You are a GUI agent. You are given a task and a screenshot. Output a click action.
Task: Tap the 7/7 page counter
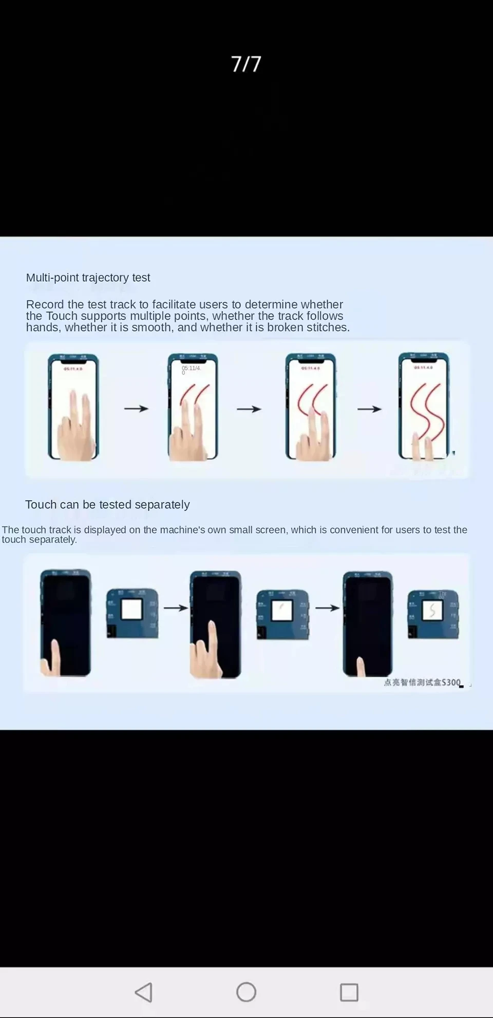click(246, 64)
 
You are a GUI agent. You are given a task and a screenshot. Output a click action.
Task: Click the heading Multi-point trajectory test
click(88, 278)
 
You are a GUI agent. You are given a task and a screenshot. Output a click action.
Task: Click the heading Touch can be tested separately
click(107, 504)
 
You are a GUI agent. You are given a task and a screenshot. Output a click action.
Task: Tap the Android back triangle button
click(144, 992)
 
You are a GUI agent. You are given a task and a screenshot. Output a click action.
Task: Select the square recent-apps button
click(349, 992)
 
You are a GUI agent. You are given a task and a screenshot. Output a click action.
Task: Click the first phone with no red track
click(73, 406)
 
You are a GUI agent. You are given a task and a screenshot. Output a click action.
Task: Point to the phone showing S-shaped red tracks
click(424, 406)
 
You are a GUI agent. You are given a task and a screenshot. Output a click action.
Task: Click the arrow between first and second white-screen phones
click(136, 408)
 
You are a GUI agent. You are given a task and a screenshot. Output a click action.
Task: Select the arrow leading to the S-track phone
click(369, 409)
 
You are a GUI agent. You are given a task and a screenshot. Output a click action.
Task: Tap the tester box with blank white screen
click(132, 613)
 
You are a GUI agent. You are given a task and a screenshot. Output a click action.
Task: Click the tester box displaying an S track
click(433, 614)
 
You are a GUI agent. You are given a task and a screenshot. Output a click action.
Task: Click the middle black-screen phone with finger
click(215, 624)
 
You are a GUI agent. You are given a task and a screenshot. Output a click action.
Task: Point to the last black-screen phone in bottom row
click(368, 623)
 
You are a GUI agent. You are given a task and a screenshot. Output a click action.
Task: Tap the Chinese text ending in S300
click(422, 682)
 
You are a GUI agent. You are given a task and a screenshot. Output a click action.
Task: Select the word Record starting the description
click(45, 304)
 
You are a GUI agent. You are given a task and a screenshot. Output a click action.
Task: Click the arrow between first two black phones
click(176, 608)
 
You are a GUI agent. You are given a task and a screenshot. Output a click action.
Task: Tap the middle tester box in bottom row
click(282, 614)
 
